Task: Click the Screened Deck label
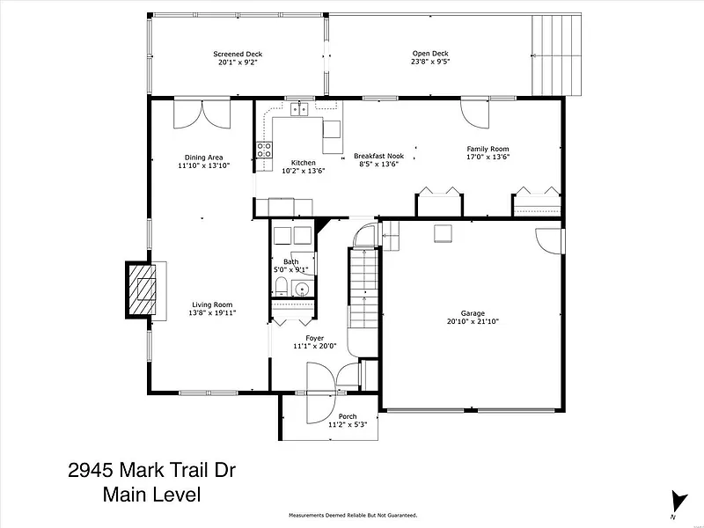[x=238, y=54]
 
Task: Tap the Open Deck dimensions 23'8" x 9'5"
[x=430, y=62]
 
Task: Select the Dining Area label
[x=204, y=158]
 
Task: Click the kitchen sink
[x=299, y=109]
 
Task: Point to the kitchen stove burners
[x=264, y=150]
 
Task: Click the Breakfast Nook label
[x=379, y=156]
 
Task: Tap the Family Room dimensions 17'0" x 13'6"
[x=488, y=157]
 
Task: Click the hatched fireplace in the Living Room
[x=142, y=290]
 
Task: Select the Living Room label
[x=212, y=304]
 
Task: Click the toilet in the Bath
[x=281, y=287]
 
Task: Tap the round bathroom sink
[x=302, y=289]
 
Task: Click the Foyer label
[x=315, y=338]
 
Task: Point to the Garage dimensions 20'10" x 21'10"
[x=473, y=321]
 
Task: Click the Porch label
[x=348, y=416]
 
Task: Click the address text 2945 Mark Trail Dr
[x=151, y=471]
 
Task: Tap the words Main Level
[x=151, y=495]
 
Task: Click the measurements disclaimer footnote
[x=353, y=516]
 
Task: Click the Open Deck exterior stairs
[x=556, y=55]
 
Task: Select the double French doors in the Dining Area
[x=202, y=115]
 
